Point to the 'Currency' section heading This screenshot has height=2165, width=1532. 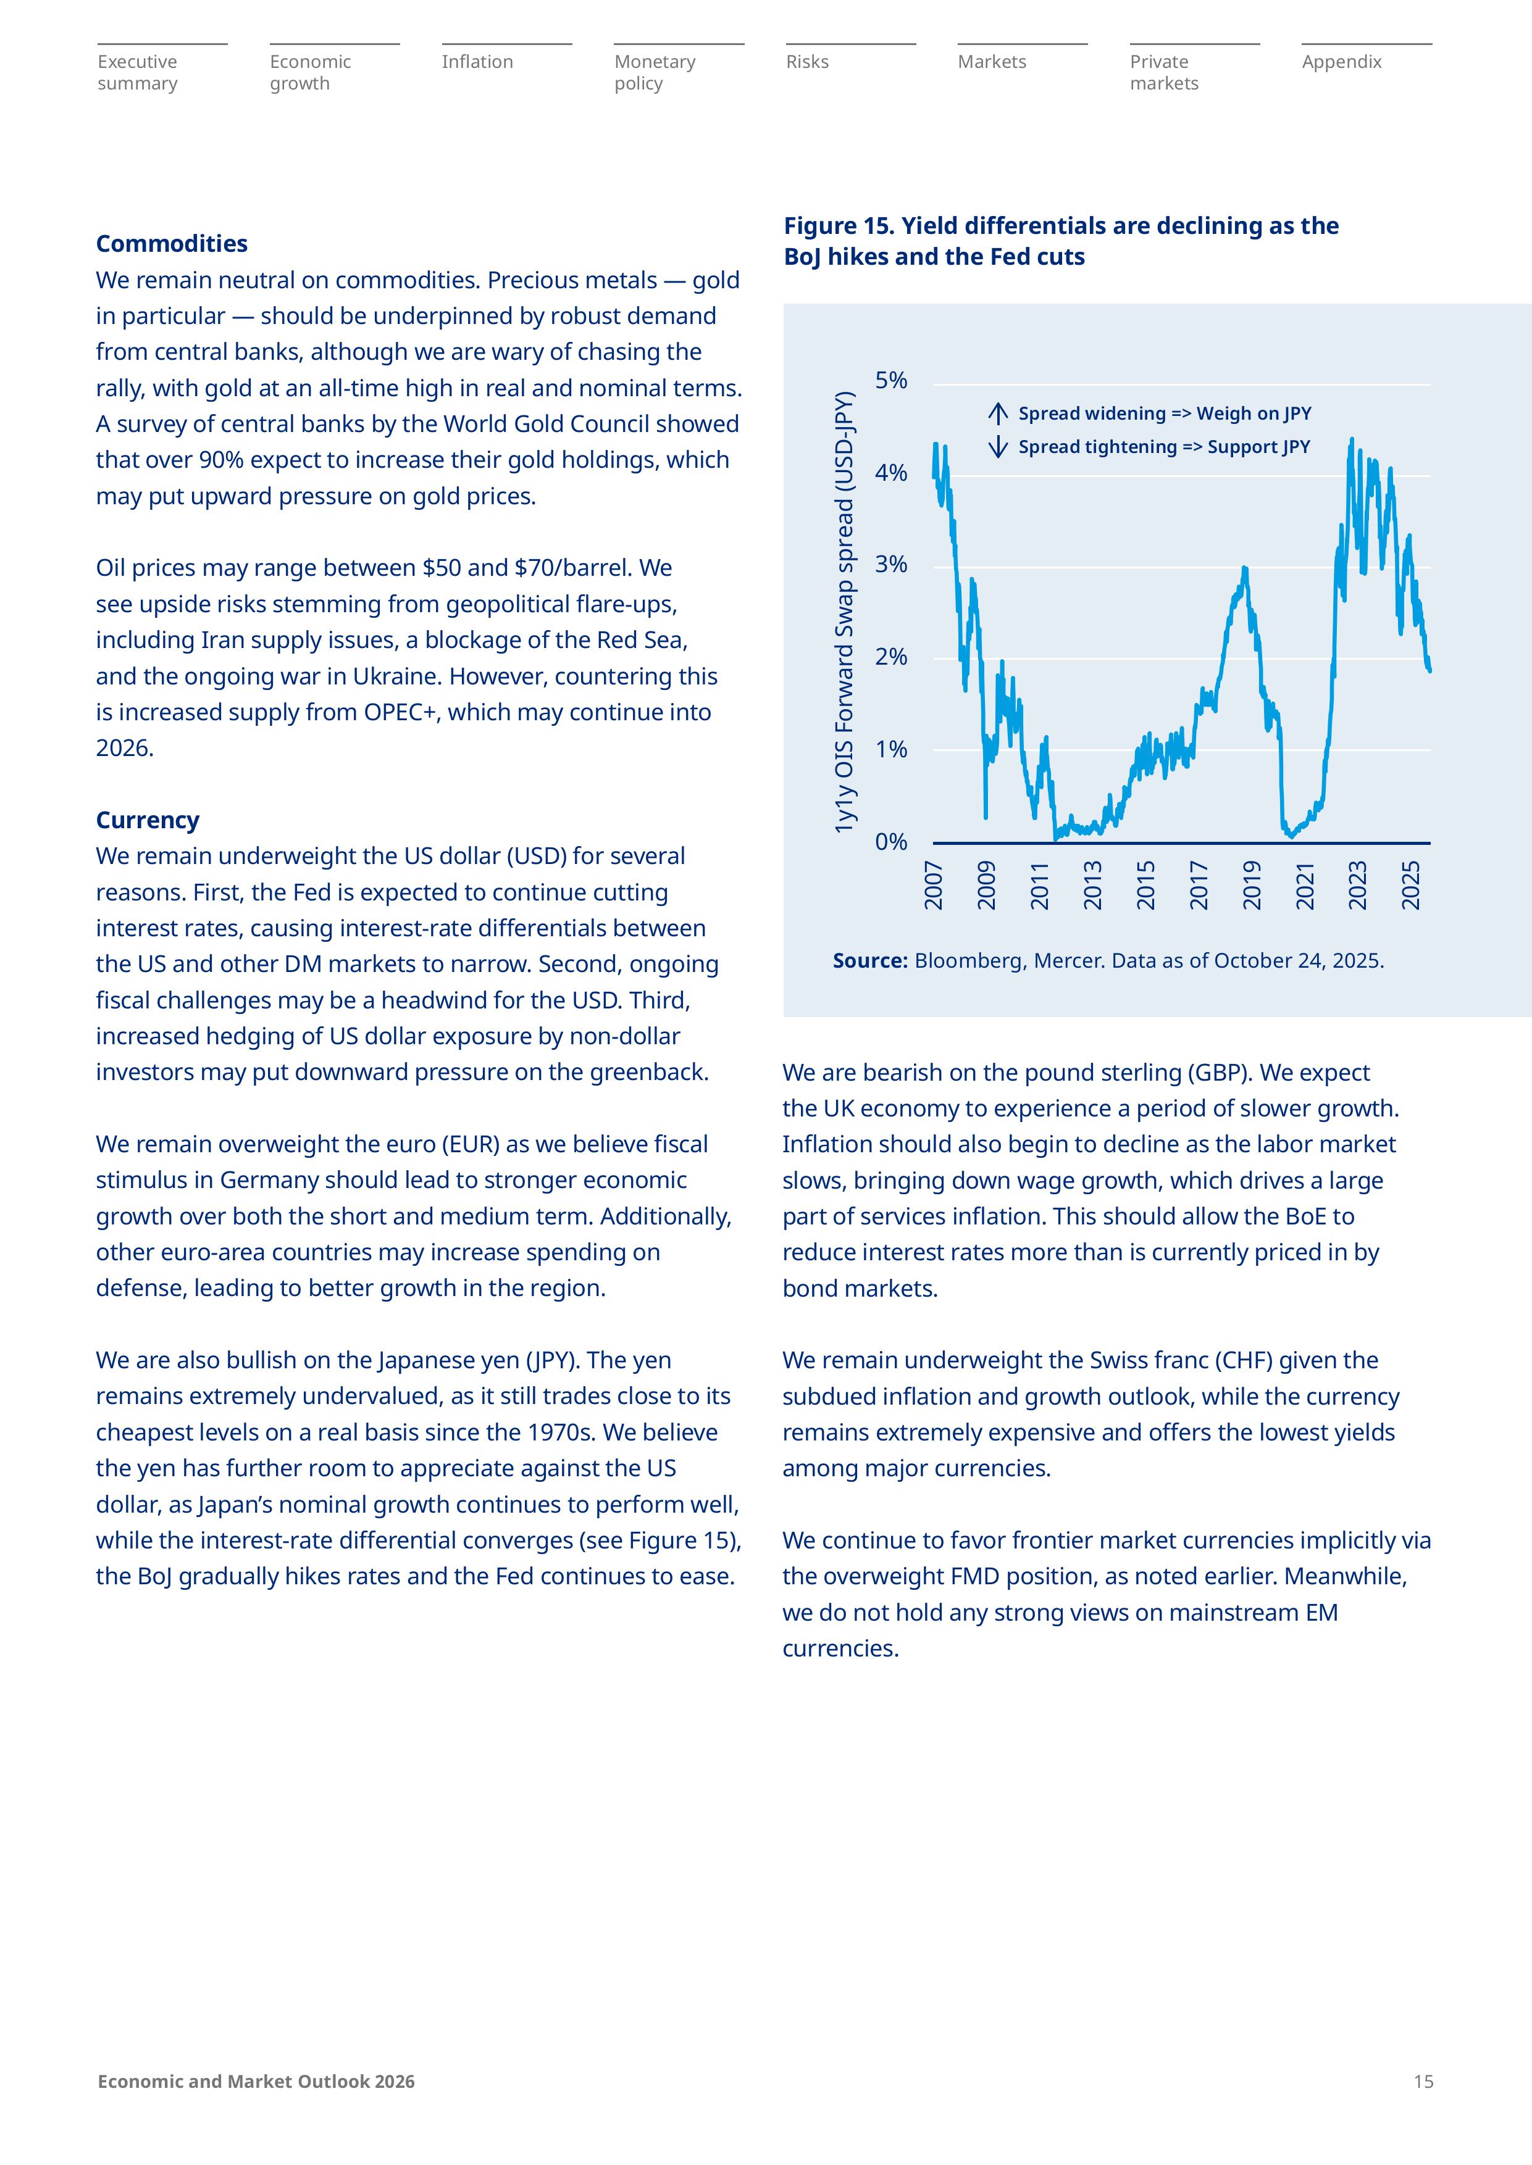pos(147,820)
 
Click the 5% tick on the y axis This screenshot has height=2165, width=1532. pos(890,381)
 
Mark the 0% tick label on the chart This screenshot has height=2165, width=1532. pos(890,842)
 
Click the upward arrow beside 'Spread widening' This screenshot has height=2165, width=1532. pos(998,413)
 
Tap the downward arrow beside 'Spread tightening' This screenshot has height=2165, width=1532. pos(998,447)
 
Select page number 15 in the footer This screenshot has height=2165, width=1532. pos(1423,2081)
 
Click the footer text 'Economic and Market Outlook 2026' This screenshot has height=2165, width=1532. pos(256,2081)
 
